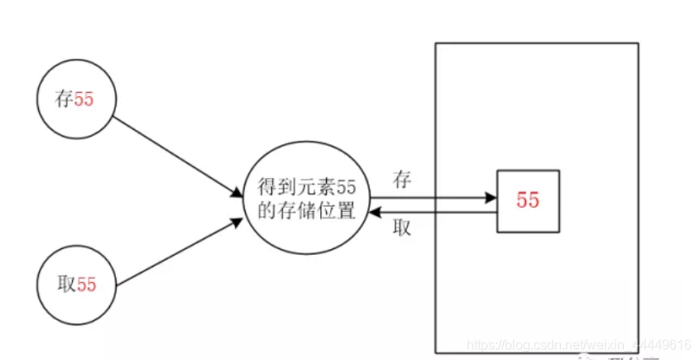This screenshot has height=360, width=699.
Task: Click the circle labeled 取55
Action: pos(77,285)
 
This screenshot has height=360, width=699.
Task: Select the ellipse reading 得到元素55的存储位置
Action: pos(306,199)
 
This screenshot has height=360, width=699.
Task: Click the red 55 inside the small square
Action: pos(528,201)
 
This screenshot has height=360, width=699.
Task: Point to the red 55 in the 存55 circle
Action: pos(84,100)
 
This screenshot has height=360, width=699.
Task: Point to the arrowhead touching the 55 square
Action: pos(490,198)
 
